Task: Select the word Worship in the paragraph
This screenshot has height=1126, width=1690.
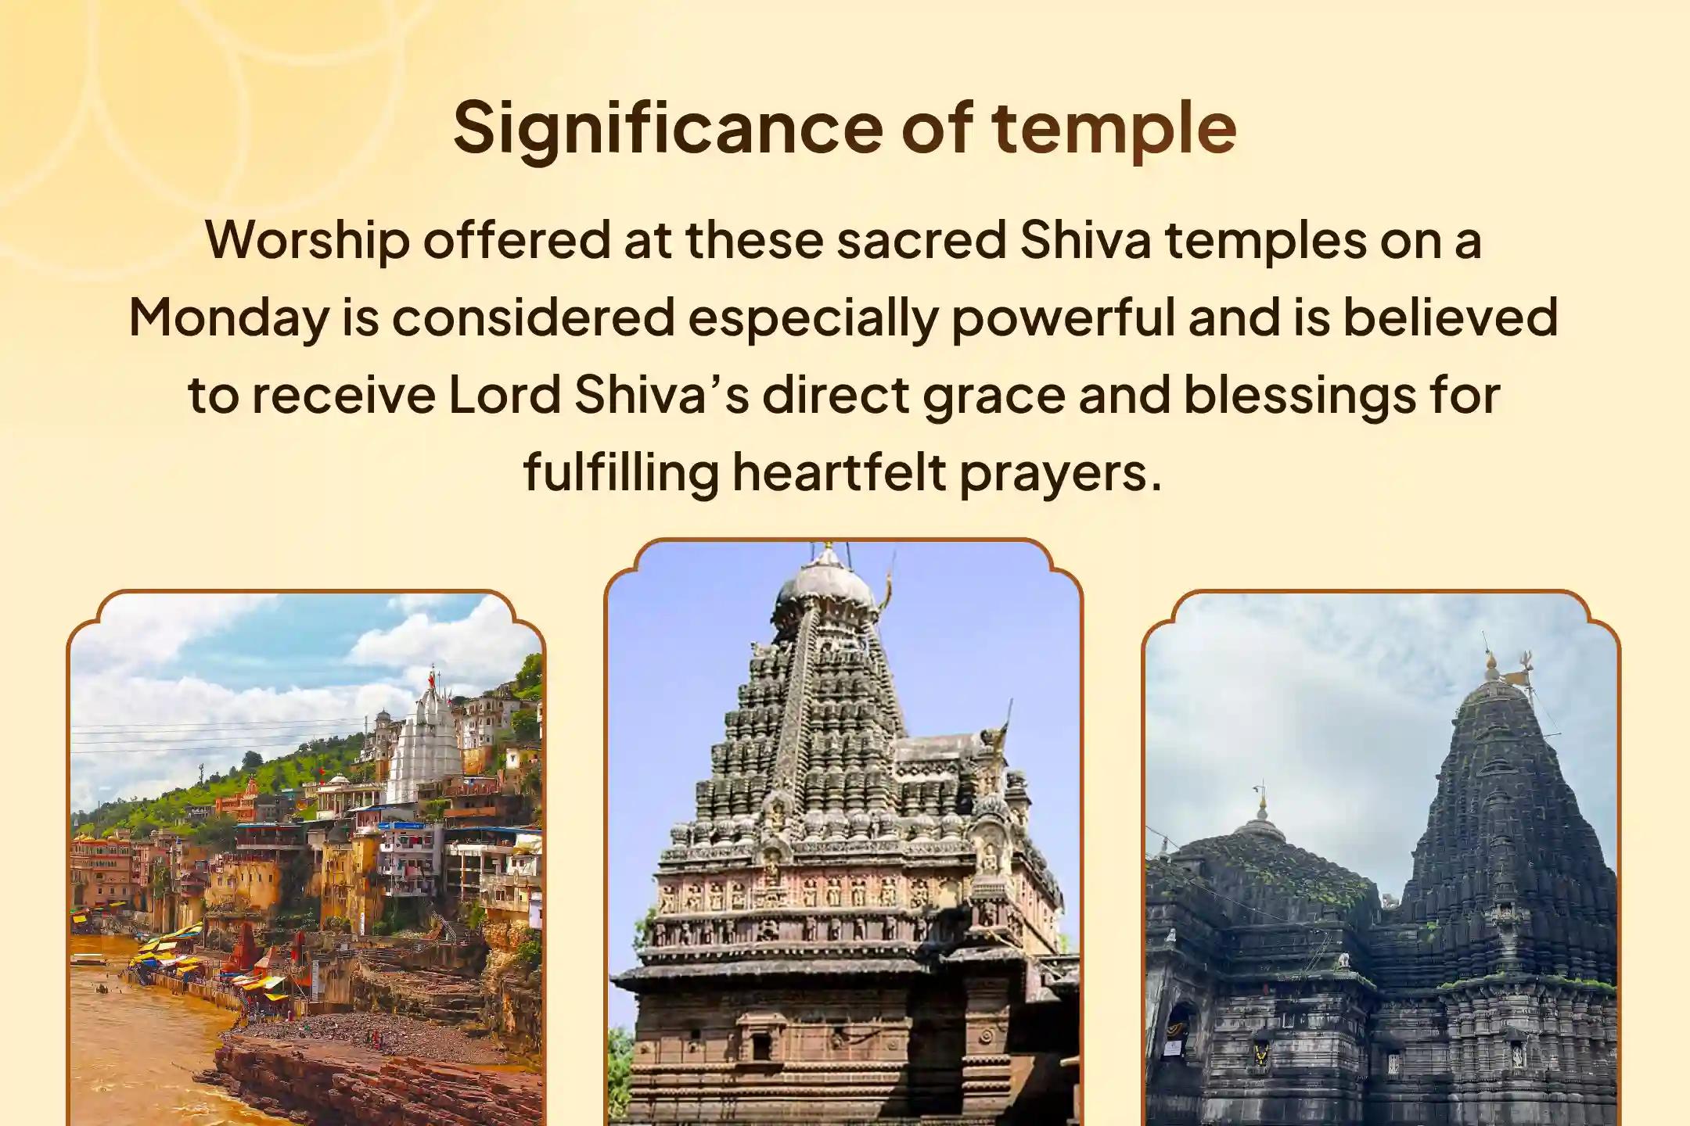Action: (307, 240)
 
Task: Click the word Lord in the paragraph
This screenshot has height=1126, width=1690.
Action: (504, 396)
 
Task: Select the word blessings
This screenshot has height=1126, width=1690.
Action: (1300, 396)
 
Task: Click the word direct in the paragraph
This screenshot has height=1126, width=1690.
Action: (836, 396)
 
